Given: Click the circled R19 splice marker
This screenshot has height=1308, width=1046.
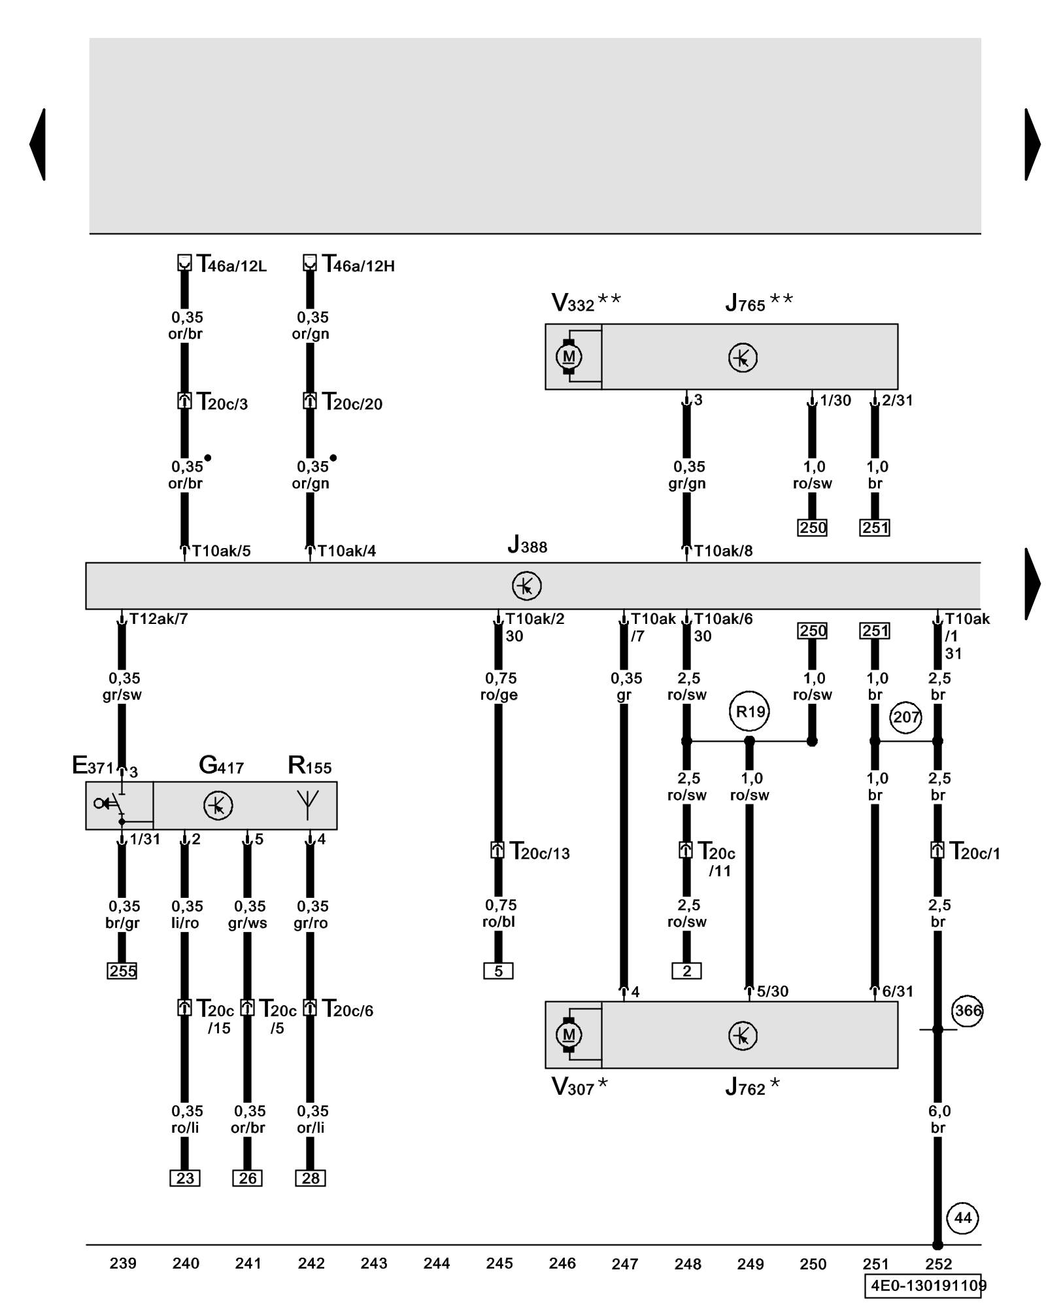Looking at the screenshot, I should [x=749, y=711].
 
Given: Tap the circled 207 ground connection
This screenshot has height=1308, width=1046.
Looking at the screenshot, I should [x=905, y=717].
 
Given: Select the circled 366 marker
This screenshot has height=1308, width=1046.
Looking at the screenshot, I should [x=967, y=1011].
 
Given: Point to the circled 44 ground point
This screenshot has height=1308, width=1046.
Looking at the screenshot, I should [x=962, y=1218].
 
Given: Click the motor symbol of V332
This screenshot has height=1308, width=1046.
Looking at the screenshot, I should [x=569, y=356].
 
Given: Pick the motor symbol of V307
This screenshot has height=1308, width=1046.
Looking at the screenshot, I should [x=569, y=1035].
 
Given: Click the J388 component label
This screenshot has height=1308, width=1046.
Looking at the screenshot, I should [x=527, y=545].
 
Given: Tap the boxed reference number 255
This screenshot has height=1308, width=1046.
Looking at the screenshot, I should [x=122, y=971].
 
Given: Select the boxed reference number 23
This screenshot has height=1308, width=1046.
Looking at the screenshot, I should [x=185, y=1178].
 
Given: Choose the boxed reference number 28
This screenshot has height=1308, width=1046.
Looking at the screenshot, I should [x=311, y=1178].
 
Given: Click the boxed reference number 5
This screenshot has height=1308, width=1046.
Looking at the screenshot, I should [x=498, y=971].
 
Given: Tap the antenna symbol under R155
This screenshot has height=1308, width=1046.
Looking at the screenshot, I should [x=308, y=804].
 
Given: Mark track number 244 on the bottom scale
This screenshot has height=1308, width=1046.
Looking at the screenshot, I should [x=437, y=1264].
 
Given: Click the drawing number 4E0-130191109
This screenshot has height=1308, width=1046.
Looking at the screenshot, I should [x=926, y=1286].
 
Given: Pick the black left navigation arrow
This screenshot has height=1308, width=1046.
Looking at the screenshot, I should [x=38, y=145].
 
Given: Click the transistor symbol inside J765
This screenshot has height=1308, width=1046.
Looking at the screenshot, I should [x=743, y=358].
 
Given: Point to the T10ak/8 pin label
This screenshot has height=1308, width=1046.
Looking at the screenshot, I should [x=723, y=551].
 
